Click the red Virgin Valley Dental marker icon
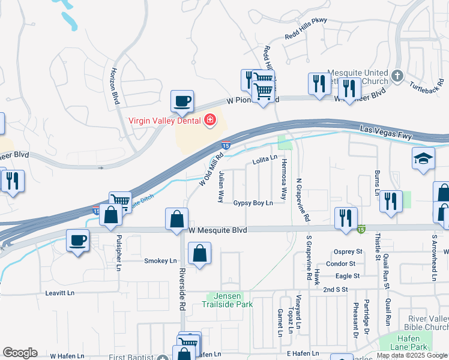pyautogui.click(x=209, y=120)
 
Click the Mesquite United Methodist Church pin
pyautogui.click(x=396, y=76)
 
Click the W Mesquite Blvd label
pyautogui.click(x=218, y=229)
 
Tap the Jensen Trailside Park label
pyautogui.click(x=231, y=300)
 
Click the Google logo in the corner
pyautogui.click(x=20, y=352)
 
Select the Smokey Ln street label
pyautogui.click(x=160, y=261)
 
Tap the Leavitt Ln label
pyautogui.click(x=60, y=293)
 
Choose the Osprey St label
pyautogui.click(x=349, y=251)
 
